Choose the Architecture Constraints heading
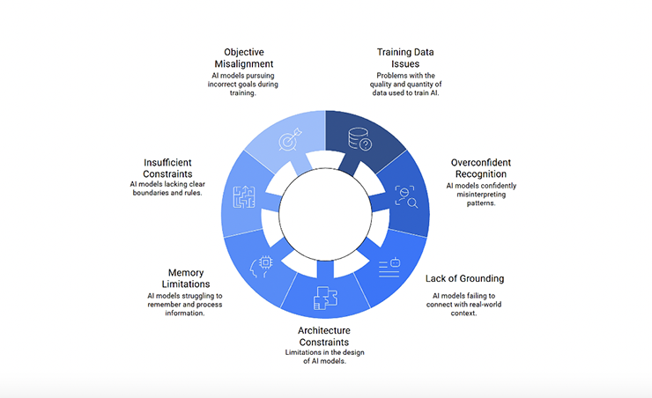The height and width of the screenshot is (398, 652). pos(323,335)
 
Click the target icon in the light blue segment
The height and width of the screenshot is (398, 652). pos(289,140)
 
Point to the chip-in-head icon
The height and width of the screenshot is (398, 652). pos(262,264)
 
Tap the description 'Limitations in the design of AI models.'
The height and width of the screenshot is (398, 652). pos(323,357)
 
